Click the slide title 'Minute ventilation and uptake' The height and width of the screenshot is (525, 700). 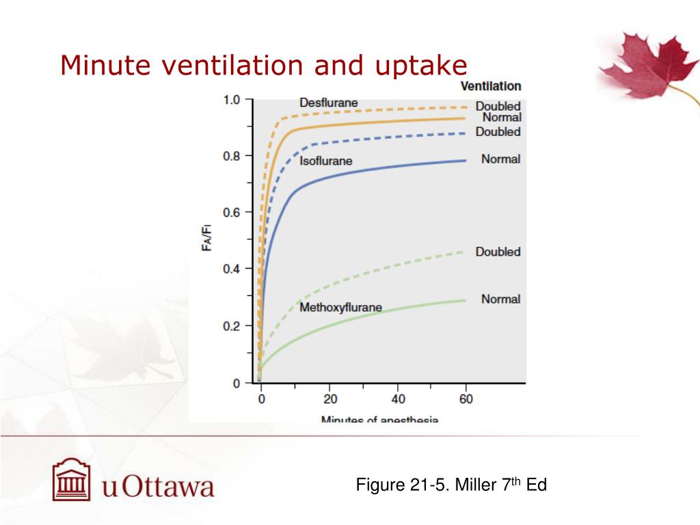pos(263,66)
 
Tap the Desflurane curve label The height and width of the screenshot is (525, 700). pos(328,103)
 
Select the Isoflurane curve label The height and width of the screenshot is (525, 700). pos(326,161)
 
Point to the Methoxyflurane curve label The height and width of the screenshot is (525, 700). pos(340,307)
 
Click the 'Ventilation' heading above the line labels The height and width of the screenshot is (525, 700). pos(490,86)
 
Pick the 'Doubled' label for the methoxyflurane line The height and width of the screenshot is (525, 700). pos(498,252)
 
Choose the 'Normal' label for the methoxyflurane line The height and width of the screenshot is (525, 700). pos(500,299)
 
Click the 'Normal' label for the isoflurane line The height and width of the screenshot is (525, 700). pos(500,159)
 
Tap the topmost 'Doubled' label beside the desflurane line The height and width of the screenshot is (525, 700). pos(498,106)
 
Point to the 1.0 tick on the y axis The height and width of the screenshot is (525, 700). pos(232,100)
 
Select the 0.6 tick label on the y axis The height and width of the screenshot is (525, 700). pos(232,213)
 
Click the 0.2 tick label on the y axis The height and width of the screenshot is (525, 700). pos(232,326)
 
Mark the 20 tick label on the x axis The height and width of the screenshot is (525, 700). pos(329,399)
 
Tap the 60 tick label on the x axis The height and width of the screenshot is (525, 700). pos(466,399)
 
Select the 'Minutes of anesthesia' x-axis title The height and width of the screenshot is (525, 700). pos(379,418)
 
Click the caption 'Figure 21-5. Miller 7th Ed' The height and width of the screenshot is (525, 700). pos(451,485)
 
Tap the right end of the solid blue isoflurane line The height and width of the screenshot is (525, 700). pos(465,161)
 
